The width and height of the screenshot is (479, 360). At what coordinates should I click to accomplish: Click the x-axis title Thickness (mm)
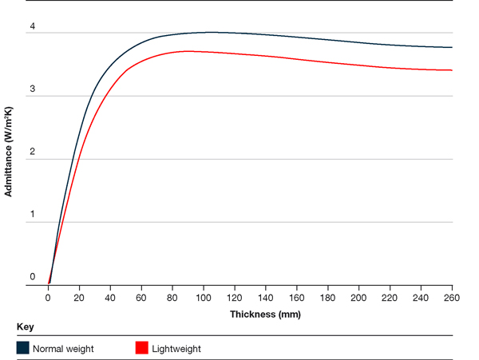(x=265, y=314)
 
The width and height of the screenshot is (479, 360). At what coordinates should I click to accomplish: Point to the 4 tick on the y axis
(x=33, y=26)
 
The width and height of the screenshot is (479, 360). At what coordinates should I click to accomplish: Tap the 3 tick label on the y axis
(x=33, y=89)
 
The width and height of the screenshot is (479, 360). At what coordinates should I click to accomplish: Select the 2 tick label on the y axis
(x=33, y=152)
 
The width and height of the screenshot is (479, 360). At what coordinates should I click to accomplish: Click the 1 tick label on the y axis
(x=33, y=215)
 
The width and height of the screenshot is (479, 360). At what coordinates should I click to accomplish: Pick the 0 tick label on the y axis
(x=33, y=277)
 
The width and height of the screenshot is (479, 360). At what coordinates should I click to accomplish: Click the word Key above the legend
(x=25, y=327)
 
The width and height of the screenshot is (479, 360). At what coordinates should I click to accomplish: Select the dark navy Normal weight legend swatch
(x=22, y=348)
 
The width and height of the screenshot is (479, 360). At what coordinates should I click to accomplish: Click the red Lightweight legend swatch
(x=142, y=348)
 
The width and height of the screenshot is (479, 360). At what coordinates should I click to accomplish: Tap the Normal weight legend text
(x=63, y=349)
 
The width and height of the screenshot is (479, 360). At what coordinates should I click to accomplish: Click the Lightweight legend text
(x=177, y=349)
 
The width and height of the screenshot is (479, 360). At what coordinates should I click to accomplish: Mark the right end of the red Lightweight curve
(x=452, y=70)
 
